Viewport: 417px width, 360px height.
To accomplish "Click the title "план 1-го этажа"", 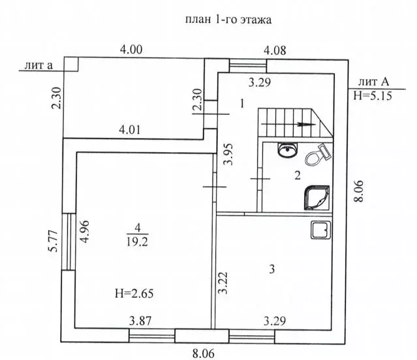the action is click(228, 20).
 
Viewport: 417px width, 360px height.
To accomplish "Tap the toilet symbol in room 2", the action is click(318, 155).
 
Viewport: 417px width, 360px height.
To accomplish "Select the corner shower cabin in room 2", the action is click(317, 198).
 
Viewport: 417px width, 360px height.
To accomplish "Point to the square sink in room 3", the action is click(321, 230).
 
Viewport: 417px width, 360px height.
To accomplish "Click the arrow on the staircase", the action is click(288, 124).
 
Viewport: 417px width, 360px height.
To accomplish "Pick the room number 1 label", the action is click(241, 103).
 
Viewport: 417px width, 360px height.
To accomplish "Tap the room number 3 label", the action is click(271, 269).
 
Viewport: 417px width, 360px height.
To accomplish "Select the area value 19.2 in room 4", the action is click(137, 242).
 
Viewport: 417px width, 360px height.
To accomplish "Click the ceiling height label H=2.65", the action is click(134, 293).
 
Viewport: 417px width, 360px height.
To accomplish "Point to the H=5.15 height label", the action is click(373, 95).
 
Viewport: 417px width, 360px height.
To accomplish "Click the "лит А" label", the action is click(373, 82).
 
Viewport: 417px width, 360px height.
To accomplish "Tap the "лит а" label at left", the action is click(39, 65).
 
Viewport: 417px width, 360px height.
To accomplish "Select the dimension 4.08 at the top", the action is click(275, 50).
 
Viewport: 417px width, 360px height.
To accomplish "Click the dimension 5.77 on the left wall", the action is click(53, 241).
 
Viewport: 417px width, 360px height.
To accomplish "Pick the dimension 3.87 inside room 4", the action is click(140, 321).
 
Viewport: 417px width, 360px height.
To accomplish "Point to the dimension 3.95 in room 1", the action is click(228, 154).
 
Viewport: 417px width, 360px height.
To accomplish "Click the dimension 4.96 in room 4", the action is click(85, 231).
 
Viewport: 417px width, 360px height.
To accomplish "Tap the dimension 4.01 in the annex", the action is click(129, 130).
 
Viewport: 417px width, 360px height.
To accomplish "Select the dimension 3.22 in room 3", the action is click(223, 283).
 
